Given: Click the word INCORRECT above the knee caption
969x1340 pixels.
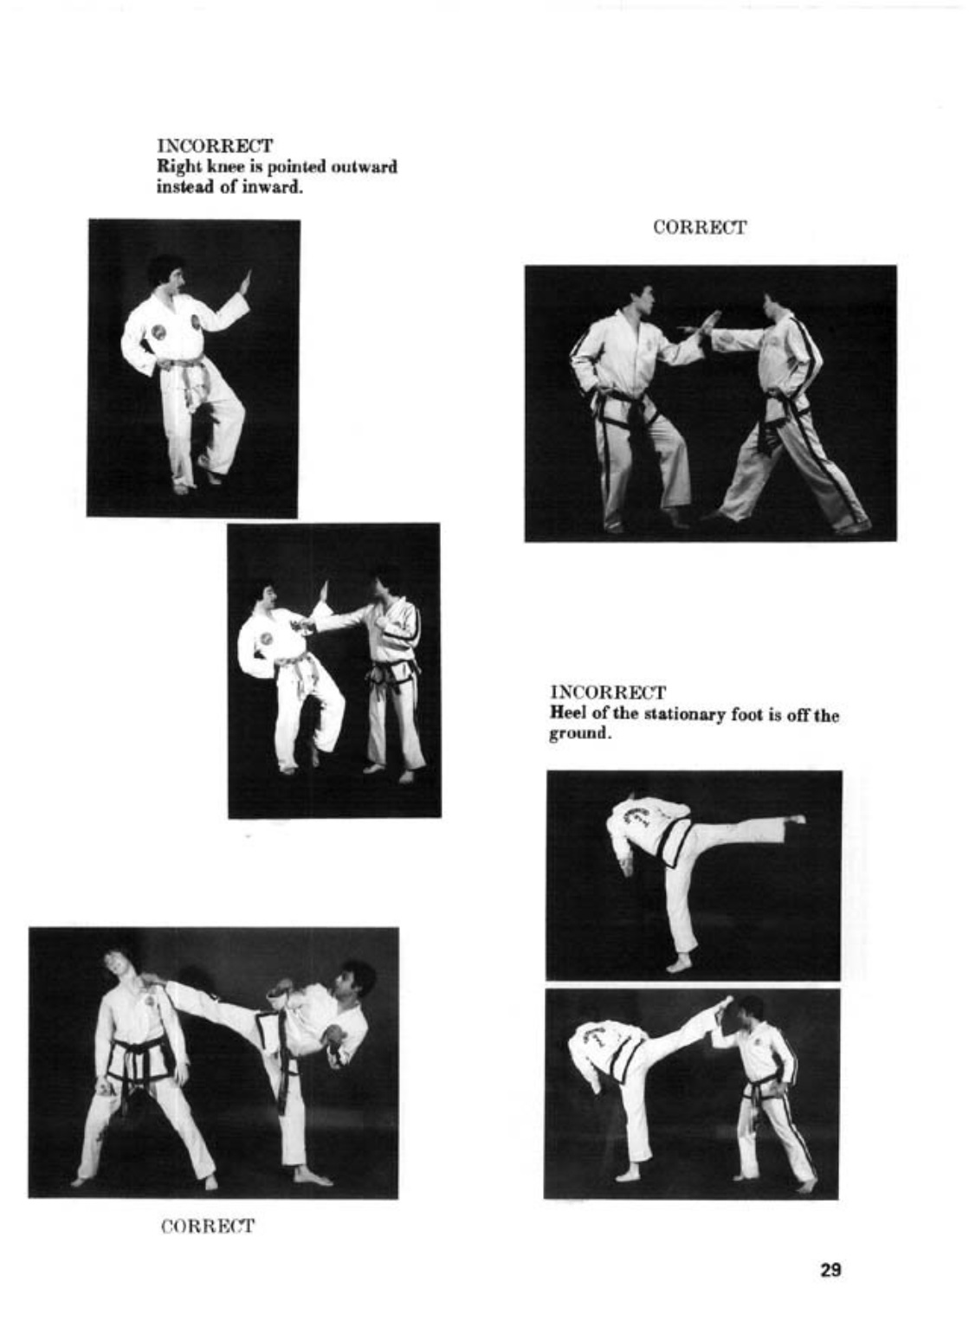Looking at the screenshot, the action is click(215, 146).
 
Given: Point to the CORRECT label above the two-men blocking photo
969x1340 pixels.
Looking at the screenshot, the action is click(700, 228).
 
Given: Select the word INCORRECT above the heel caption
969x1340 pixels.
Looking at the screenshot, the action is click(608, 693).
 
